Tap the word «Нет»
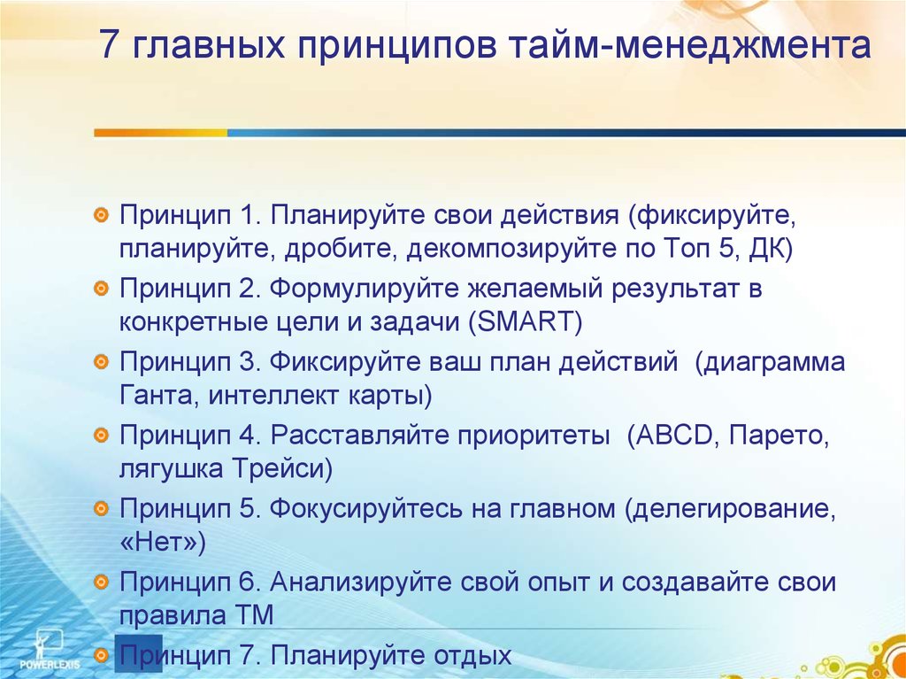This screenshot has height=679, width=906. (157, 543)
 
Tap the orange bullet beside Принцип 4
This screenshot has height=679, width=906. (101, 435)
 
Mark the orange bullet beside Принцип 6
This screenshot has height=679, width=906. (101, 582)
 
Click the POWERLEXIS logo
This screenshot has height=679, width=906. (50, 650)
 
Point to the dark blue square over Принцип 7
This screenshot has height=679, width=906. (139, 653)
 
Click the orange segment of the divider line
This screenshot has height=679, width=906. (161, 133)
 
